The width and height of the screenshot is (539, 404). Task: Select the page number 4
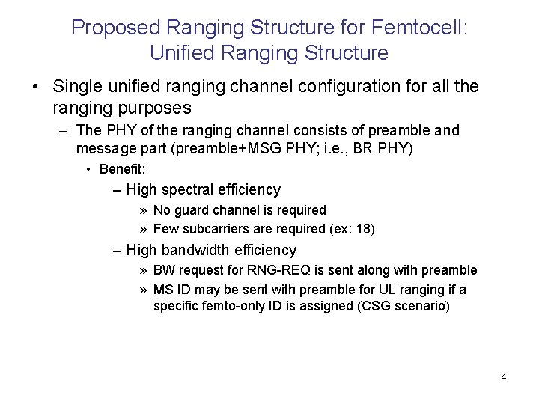(504, 377)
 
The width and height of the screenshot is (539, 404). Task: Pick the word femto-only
(236, 306)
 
